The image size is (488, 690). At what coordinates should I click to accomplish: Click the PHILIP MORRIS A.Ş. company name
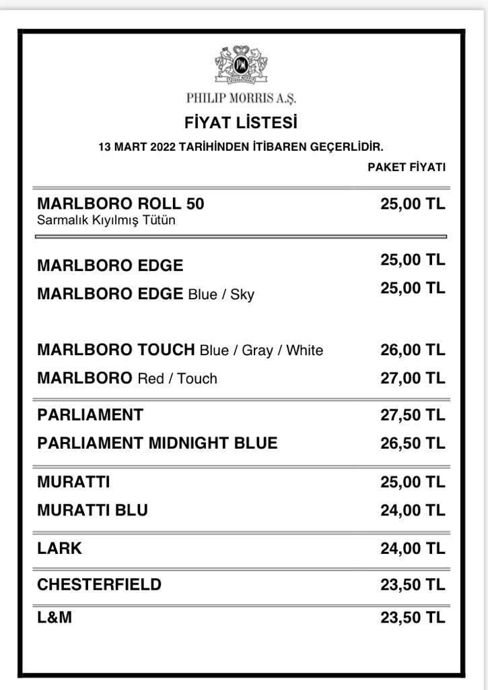pyautogui.click(x=241, y=98)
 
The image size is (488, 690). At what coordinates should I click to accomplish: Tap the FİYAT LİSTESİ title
pyautogui.click(x=241, y=123)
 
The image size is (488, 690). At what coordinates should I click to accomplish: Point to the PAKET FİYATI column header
pyautogui.click(x=406, y=167)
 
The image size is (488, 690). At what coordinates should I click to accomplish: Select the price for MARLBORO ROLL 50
pyautogui.click(x=413, y=204)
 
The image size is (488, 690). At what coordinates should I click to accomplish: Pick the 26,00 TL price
pyautogui.click(x=413, y=350)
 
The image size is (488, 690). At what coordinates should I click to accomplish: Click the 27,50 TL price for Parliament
pyautogui.click(x=413, y=415)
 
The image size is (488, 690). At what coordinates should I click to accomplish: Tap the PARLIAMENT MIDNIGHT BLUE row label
pyautogui.click(x=157, y=443)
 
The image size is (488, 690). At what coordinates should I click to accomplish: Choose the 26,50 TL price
pyautogui.click(x=413, y=443)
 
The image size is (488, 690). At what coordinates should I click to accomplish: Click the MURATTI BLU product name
pyautogui.click(x=92, y=511)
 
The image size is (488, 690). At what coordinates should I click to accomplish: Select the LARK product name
pyautogui.click(x=59, y=548)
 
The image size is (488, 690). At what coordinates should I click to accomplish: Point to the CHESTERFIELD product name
pyautogui.click(x=99, y=584)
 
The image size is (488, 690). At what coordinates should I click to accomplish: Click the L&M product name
pyautogui.click(x=55, y=617)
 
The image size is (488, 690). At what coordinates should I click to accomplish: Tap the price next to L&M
pyautogui.click(x=413, y=617)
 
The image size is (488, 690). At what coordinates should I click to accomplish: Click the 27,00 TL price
pyautogui.click(x=413, y=379)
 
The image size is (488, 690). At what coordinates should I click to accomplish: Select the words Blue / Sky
pyautogui.click(x=221, y=294)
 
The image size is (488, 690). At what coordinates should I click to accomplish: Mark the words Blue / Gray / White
pyautogui.click(x=261, y=350)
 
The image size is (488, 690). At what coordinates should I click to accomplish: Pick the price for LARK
pyautogui.click(x=413, y=548)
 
